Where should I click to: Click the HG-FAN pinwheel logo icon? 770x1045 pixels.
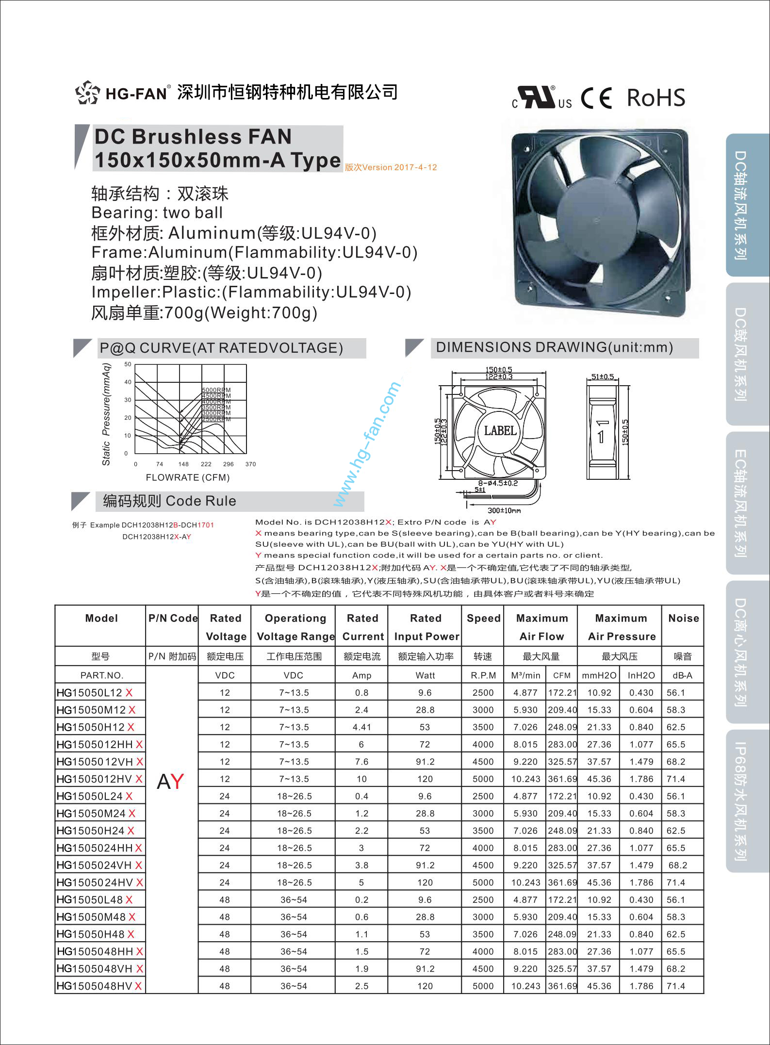[x=88, y=92]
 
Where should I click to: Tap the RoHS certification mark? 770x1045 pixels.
[x=656, y=98]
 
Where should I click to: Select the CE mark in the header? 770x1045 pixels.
[x=596, y=98]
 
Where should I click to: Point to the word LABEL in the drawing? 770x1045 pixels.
[x=500, y=430]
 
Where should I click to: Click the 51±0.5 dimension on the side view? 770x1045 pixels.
[x=603, y=376]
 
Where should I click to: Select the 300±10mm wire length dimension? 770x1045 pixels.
[x=504, y=510]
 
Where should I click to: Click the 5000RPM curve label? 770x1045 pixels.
[x=216, y=390]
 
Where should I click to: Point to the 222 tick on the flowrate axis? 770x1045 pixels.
[x=206, y=464]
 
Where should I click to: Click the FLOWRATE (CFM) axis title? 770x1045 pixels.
[x=188, y=477]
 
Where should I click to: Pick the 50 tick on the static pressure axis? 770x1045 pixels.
[x=128, y=364]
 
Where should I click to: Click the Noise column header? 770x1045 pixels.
[x=683, y=618]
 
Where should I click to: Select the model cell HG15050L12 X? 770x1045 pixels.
[x=95, y=693]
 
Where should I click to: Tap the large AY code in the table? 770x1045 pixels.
[x=170, y=781]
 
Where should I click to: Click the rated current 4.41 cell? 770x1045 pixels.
[x=361, y=727]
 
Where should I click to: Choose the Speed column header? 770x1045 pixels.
[x=483, y=618]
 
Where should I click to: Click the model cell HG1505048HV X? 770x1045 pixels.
[x=99, y=986]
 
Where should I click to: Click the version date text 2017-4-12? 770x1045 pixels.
[x=415, y=167]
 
